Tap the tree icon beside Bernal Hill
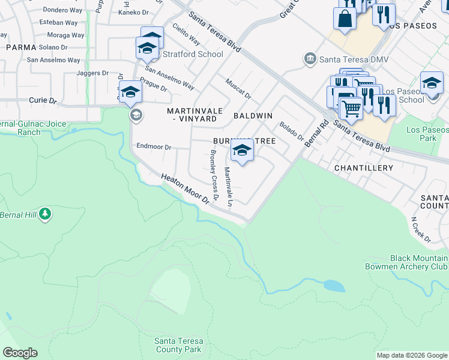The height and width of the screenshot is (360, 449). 44,214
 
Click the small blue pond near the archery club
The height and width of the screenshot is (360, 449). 334,286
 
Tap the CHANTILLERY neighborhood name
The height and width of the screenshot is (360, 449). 363,169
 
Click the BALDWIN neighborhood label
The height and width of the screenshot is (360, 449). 253,115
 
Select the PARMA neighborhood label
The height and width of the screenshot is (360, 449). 21,47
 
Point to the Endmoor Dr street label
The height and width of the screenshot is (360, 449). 154,146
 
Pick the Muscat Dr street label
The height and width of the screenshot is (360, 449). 238,88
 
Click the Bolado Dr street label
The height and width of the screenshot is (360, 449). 292,131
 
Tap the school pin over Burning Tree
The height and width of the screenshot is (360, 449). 242,151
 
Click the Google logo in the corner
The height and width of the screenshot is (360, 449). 20,353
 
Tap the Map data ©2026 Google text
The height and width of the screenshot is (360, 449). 411,355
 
